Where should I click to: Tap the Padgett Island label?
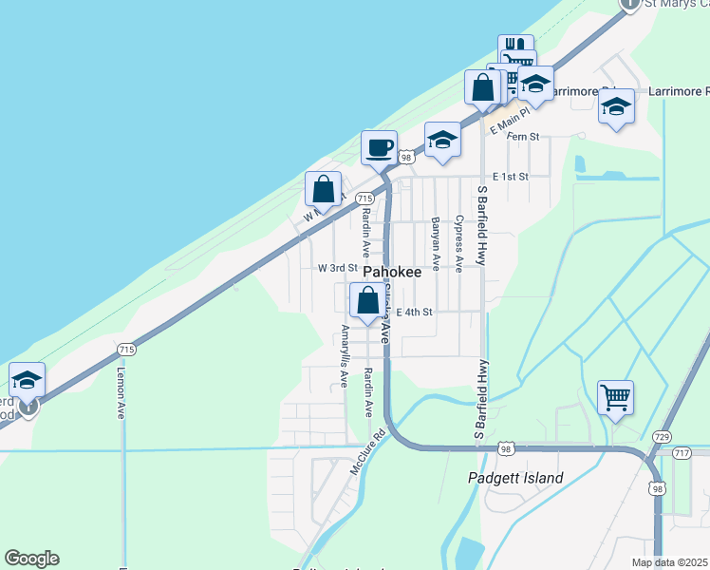click(x=516, y=478)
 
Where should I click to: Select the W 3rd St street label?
click(x=337, y=269)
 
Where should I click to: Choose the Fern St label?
click(x=523, y=137)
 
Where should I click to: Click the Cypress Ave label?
click(x=458, y=242)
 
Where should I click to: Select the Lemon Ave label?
click(x=121, y=395)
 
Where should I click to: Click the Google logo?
click(x=31, y=559)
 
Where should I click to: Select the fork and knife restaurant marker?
click(x=516, y=48)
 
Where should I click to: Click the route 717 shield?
click(x=682, y=453)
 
